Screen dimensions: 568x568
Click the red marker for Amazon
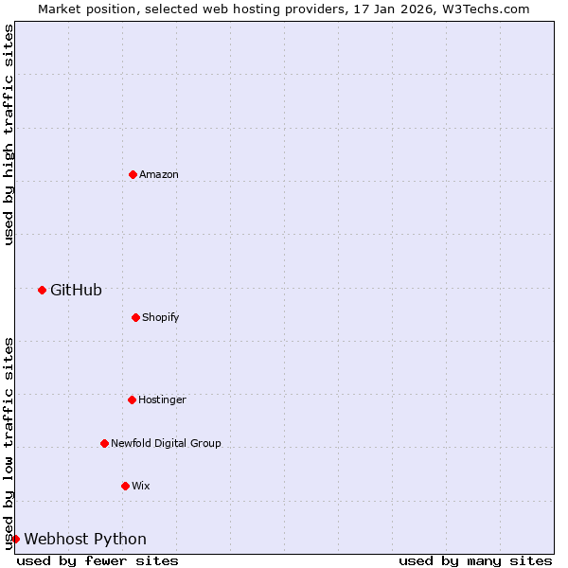(x=133, y=174)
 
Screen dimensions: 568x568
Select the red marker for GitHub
(x=42, y=290)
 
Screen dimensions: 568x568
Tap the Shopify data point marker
(x=135, y=317)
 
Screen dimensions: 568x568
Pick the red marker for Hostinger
(x=132, y=399)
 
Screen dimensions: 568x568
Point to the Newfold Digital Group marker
(x=104, y=443)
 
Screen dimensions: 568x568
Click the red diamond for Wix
(x=125, y=486)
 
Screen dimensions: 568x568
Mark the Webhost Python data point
(x=15, y=539)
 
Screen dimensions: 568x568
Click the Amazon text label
(x=159, y=174)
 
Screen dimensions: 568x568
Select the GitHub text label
(x=76, y=290)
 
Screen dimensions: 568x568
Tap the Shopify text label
(x=161, y=317)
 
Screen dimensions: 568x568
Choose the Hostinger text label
(x=162, y=399)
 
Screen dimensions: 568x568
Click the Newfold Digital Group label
(x=166, y=443)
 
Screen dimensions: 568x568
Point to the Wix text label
(x=141, y=486)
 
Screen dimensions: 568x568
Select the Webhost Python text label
(x=85, y=539)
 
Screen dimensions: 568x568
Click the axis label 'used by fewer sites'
(x=98, y=560)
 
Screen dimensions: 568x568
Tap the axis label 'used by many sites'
(x=475, y=560)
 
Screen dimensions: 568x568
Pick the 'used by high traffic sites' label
(x=9, y=134)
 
